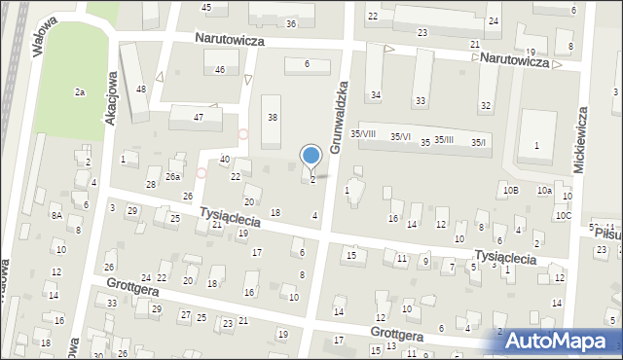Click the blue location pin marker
coord(311,156)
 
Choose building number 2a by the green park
coord(80,92)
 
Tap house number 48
coord(141,90)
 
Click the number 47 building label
coord(199,117)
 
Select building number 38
coord(273,118)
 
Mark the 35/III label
coord(444,140)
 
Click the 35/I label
coord(478,143)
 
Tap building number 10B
coord(511,191)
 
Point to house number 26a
coord(172,177)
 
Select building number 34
coord(376,95)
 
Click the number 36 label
coord(291,23)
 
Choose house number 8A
coord(57,215)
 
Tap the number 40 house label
coord(225,160)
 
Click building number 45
coord(206,8)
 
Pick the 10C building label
coord(564,216)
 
